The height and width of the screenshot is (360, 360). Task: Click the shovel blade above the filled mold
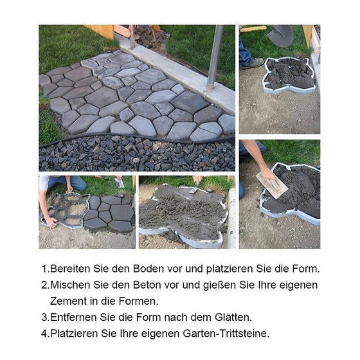pos(280,35)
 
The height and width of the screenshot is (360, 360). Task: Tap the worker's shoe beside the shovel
pos(252,62)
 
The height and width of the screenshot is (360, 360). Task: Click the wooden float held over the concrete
pos(271,184)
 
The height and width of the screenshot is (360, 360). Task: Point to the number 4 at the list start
pos(44,333)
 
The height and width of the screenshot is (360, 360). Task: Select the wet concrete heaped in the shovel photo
pos(289,74)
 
